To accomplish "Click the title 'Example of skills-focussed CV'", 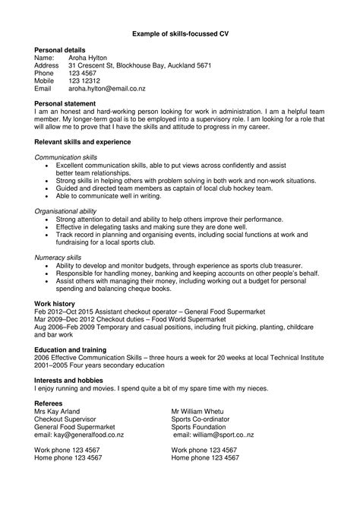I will coord(179,34).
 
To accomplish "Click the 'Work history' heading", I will coord(55,303).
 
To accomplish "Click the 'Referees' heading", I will coord(49,403).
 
